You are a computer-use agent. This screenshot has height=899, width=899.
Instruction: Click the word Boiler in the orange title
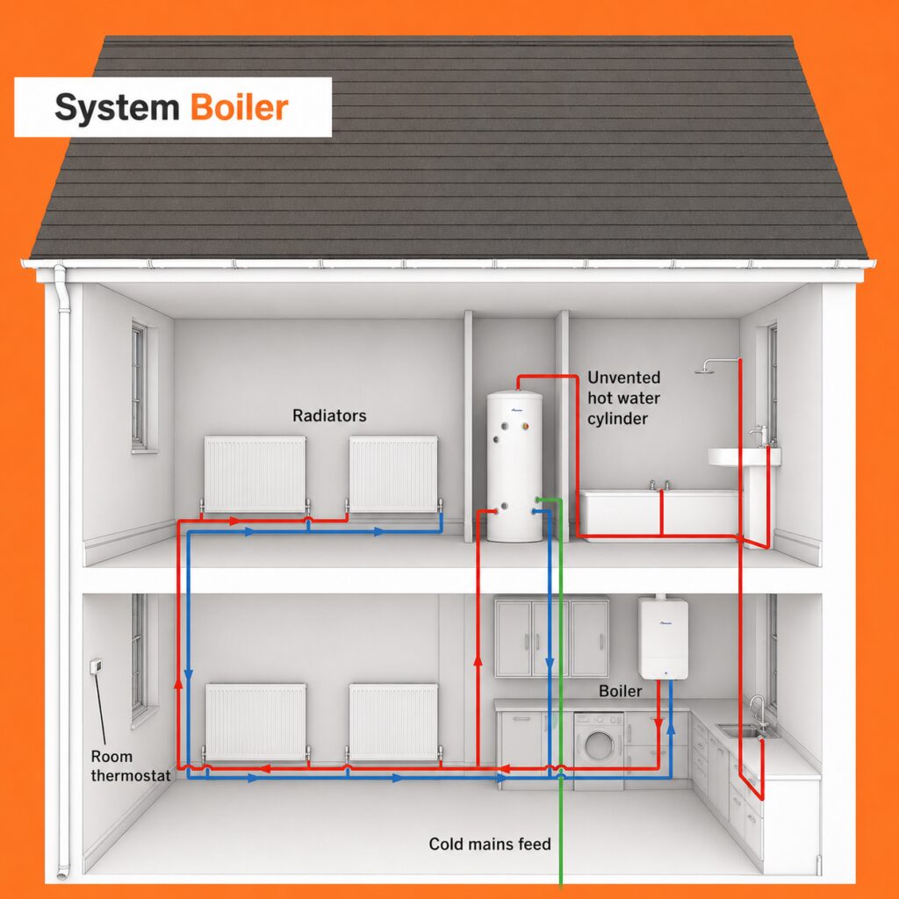coord(239,107)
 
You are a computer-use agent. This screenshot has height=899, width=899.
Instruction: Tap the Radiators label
coord(329,415)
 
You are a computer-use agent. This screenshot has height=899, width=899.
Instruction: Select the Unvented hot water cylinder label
coord(624,398)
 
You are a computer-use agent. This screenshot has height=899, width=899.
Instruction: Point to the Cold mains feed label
coord(490,844)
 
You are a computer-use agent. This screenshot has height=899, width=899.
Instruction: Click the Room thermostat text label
coord(131,766)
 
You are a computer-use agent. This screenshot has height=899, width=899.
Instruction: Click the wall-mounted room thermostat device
coord(97,665)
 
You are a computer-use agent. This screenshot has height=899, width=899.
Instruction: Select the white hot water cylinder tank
coord(514,466)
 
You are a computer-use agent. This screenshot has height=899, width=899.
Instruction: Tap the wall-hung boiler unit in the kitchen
coord(664,638)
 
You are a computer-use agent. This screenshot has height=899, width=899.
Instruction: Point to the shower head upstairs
coord(704,370)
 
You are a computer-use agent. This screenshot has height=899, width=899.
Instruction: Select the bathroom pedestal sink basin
coord(744,457)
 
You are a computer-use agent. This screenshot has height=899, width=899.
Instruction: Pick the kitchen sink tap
coord(757,711)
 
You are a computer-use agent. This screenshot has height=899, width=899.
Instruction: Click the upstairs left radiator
coord(255,474)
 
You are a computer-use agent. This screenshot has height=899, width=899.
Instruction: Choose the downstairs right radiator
coord(393,723)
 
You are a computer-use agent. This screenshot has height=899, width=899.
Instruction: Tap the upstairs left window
coord(140,386)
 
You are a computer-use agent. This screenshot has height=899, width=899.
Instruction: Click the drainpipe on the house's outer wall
coord(63,573)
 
